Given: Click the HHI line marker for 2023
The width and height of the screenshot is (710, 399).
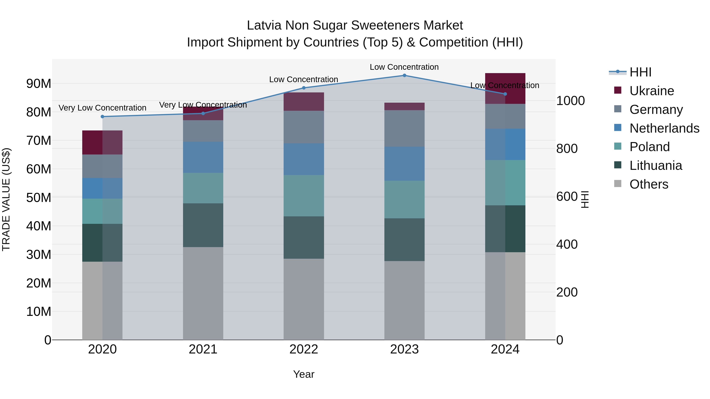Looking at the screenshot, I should click(404, 75).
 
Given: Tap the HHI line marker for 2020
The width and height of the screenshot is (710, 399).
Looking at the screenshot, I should click(103, 116).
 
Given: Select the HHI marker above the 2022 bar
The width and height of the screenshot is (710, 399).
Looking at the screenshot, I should click(304, 88).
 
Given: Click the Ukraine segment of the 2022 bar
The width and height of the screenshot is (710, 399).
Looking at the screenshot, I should click(304, 102).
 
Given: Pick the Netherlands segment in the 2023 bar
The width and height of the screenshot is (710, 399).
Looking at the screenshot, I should click(404, 164).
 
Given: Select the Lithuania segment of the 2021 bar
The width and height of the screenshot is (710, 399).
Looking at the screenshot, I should click(203, 225).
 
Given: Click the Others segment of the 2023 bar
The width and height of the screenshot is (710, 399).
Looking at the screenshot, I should click(404, 300).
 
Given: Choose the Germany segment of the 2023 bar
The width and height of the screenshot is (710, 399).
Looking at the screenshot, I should click(404, 128).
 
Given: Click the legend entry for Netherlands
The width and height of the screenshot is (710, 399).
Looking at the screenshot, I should click(664, 128).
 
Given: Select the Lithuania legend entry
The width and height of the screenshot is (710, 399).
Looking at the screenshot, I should click(655, 166).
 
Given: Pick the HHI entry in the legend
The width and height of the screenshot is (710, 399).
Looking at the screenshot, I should click(640, 72).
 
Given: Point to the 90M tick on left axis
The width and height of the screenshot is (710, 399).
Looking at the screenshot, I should click(39, 83).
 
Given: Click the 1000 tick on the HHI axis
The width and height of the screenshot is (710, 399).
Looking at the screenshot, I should click(570, 100).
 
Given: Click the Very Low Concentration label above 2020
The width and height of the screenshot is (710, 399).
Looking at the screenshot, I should click(103, 108).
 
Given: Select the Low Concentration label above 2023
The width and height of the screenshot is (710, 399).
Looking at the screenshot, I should click(404, 67).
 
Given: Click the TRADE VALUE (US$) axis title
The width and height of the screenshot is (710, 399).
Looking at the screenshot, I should click(6, 199).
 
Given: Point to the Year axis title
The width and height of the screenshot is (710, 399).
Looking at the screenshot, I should click(304, 374).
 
